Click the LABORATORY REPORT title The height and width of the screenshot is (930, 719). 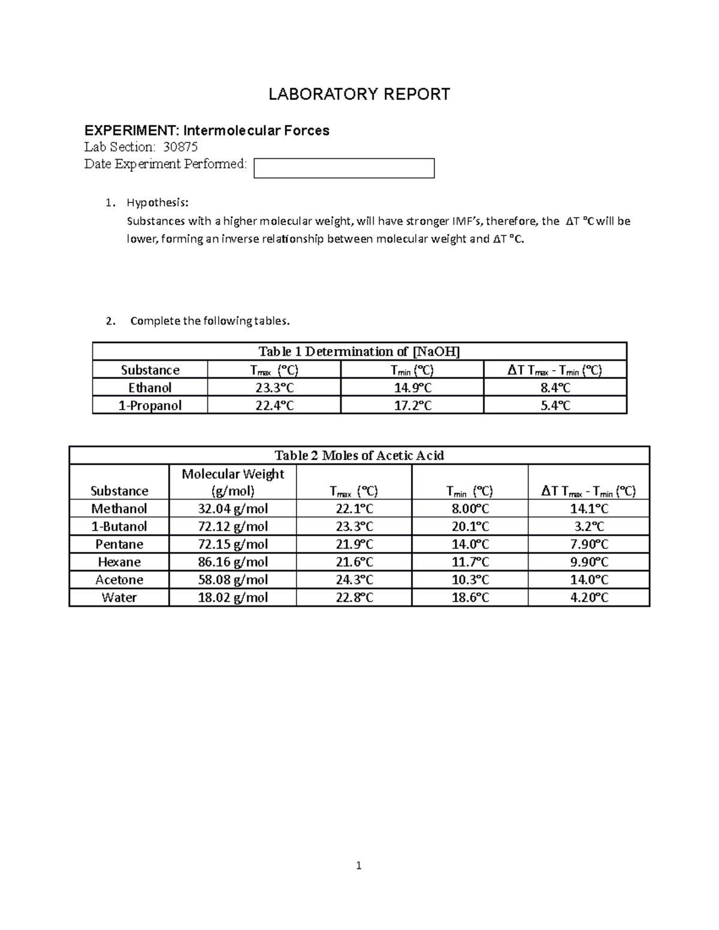359,94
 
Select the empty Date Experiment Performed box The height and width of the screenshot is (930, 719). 344,168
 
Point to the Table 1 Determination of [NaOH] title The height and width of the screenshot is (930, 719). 359,352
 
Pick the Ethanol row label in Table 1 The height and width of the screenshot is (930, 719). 150,387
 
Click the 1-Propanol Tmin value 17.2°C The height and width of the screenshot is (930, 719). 412,405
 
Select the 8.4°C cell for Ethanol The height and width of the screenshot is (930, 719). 555,387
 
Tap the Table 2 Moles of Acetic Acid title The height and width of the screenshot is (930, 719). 359,456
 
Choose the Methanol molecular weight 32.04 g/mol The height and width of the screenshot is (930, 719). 232,509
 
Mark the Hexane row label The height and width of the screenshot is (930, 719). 119,562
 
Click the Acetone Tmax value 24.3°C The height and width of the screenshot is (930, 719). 354,580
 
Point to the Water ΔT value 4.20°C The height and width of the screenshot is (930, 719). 588,598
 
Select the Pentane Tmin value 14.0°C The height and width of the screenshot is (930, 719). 470,544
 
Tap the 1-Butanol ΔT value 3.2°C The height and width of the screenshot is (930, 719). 588,526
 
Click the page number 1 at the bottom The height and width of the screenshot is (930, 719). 358,865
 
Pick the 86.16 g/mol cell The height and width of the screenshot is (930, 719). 232,562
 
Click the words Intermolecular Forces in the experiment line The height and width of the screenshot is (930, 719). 256,131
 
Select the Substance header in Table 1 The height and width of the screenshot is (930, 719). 150,370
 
